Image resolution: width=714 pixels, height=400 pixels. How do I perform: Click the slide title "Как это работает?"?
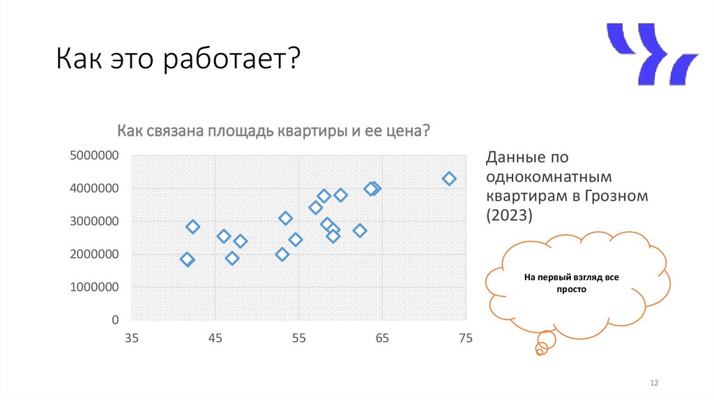(178, 61)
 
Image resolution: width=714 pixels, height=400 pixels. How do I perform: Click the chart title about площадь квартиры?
(273, 131)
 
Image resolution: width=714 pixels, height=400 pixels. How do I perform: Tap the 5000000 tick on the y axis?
(94, 155)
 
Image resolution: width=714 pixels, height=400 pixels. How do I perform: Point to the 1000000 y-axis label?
(94, 287)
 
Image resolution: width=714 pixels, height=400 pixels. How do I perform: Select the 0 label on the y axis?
(115, 320)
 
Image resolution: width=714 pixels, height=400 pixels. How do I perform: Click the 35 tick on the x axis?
(131, 339)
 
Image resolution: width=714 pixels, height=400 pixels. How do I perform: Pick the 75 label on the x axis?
(465, 339)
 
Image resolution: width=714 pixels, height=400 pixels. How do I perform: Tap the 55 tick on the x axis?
(298, 339)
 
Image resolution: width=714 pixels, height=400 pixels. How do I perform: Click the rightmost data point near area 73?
(449, 178)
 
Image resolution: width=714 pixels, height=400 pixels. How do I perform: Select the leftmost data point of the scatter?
(187, 259)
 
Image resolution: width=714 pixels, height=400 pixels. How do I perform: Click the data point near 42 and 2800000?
(193, 226)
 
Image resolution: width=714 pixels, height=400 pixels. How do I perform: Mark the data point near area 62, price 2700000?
(360, 231)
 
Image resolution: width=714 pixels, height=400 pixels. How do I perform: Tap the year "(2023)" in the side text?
(508, 215)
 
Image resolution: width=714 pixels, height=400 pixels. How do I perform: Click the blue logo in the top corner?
(651, 54)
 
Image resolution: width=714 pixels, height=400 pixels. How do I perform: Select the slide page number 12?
(654, 383)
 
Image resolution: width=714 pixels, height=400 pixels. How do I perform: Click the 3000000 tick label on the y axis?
(94, 222)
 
